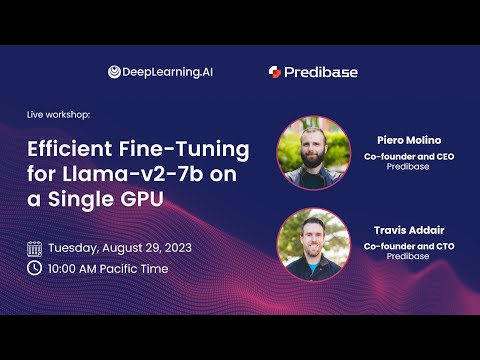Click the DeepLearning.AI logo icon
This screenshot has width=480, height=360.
[115, 72]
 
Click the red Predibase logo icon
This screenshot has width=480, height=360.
[274, 72]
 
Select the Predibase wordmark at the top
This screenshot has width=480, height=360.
[321, 72]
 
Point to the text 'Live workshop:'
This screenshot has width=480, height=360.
[58, 115]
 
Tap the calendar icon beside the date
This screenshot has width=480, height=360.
[34, 247]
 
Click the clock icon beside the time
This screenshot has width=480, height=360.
[34, 268]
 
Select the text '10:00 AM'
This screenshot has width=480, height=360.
[74, 268]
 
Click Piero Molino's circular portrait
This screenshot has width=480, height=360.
[313, 153]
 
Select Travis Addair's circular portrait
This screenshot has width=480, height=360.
[313, 244]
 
